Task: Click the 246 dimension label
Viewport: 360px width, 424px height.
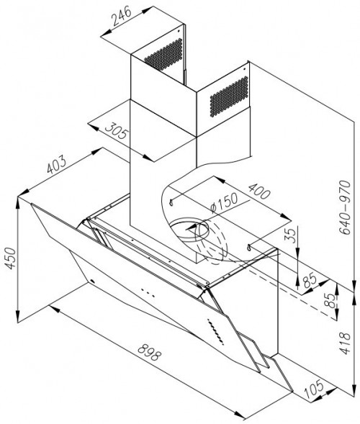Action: tap(122, 16)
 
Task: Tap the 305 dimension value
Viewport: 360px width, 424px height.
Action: tap(116, 130)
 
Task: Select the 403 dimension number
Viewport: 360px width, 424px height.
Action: tap(56, 164)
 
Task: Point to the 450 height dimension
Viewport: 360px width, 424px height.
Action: tap(12, 258)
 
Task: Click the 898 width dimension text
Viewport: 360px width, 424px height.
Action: tap(149, 352)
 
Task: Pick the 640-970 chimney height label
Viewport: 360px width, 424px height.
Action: tap(345, 207)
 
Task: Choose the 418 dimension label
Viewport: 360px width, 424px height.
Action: tap(345, 343)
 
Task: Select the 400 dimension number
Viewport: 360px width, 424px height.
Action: tap(259, 191)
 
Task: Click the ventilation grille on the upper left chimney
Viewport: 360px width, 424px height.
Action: tap(164, 55)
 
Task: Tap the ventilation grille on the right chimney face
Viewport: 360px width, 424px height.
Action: tap(229, 96)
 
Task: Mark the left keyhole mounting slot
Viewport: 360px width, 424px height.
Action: tap(171, 202)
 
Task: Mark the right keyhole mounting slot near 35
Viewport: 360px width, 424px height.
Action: tap(249, 247)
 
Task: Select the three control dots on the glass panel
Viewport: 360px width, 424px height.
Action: tap(148, 293)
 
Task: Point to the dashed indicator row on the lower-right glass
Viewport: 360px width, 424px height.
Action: tap(215, 332)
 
